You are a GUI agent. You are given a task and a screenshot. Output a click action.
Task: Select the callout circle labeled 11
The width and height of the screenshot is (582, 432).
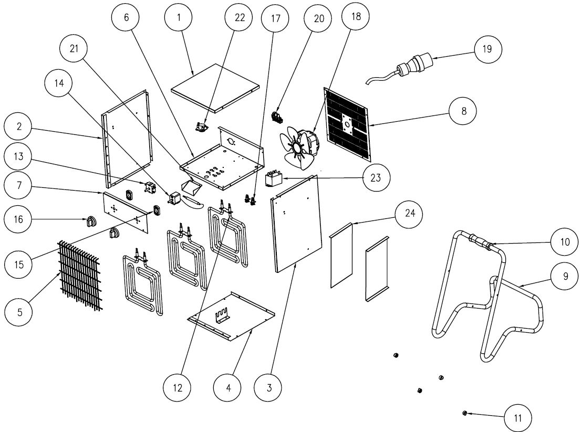pos(517,418)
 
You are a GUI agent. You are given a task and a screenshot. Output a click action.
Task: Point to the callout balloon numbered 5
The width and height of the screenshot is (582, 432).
pos(19,312)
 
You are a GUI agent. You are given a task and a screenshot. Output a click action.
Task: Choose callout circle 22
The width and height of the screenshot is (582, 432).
pos(239,17)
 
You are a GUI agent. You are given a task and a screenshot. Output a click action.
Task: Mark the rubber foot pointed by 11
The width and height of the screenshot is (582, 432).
pos(464,414)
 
